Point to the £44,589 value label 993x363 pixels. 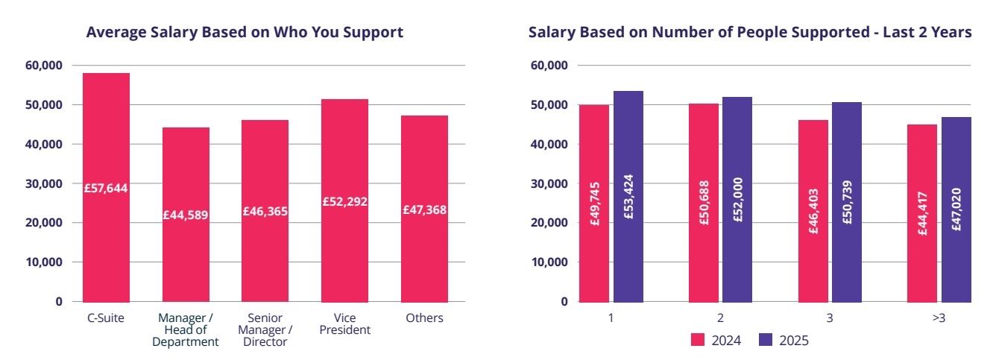click(x=186, y=215)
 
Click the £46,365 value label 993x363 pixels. click(x=265, y=212)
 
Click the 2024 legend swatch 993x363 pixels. click(x=698, y=340)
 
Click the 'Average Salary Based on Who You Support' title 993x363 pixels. click(x=245, y=33)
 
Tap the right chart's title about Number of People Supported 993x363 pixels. click(x=750, y=33)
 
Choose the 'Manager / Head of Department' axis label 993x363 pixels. click(x=186, y=329)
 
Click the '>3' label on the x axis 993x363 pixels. click(x=939, y=318)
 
